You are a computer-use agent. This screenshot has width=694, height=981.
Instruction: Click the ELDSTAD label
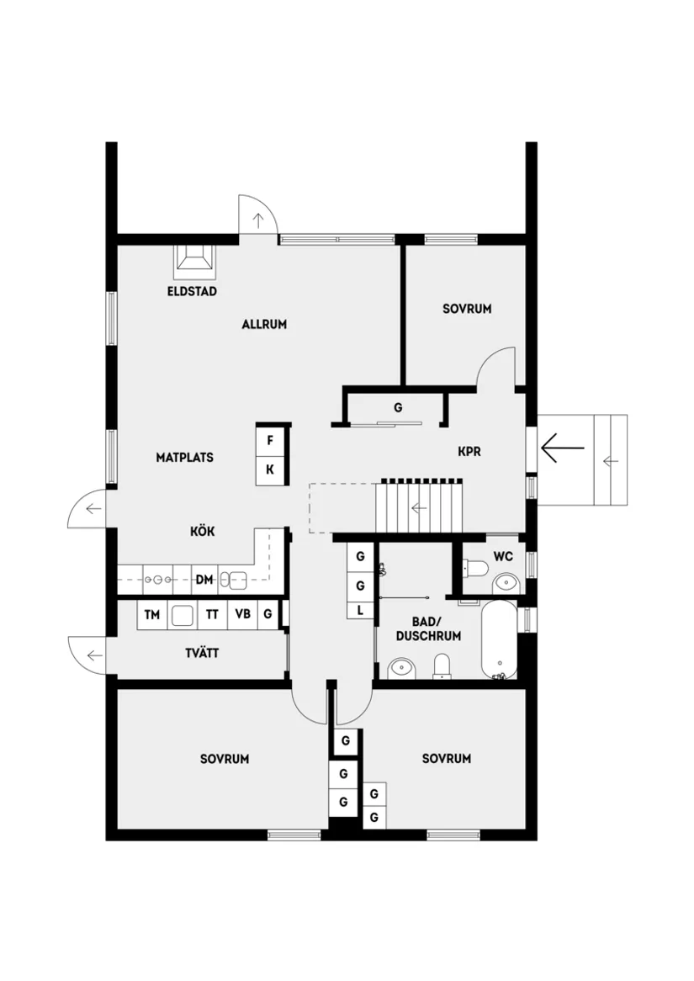pos(192,292)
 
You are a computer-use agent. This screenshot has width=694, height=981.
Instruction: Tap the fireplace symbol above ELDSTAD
pos(194,262)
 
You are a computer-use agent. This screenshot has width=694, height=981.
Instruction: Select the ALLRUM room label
pos(264,324)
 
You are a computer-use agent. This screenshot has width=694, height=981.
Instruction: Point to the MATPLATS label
pos(184,458)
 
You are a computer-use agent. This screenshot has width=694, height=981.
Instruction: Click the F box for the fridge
pos(270,441)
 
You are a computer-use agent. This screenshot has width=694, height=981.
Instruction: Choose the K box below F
pos(270,469)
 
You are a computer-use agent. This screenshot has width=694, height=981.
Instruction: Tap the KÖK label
pos(202,532)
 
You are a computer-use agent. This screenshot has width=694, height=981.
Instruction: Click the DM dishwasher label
pos(204,580)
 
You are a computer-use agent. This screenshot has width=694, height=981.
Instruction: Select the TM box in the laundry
pos(152,615)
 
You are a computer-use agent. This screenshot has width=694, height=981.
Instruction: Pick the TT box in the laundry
pos(212,615)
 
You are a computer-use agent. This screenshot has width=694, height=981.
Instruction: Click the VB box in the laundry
pos(242,615)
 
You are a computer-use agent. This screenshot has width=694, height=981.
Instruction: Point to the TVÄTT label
pos(203,653)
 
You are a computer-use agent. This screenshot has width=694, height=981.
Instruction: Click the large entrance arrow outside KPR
pos(562,448)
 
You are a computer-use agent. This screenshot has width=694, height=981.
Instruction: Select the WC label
pos(503,556)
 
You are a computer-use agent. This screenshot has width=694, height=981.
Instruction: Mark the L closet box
pos(360,610)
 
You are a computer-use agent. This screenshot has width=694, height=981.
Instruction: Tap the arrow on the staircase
pos(418,507)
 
